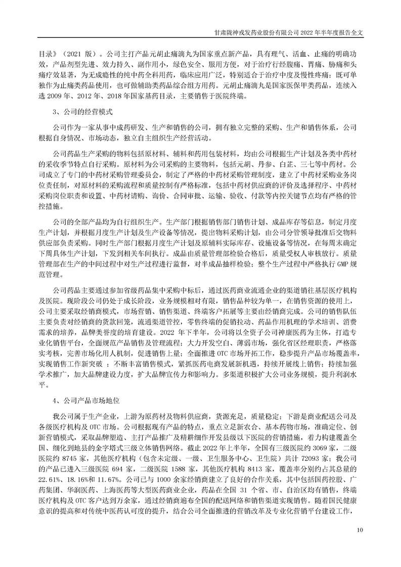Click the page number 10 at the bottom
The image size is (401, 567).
[x=360, y=531]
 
